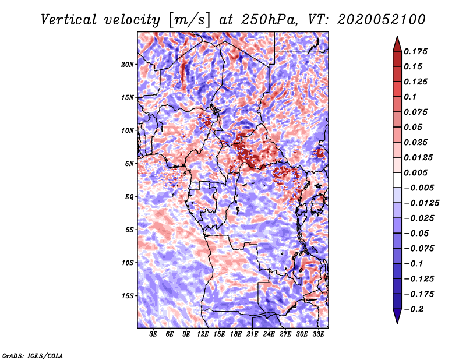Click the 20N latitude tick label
click(127, 65)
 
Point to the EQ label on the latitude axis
click(129, 197)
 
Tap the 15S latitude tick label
click(127, 296)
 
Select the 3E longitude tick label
click(153, 334)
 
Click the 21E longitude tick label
click(252, 334)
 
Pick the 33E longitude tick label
click(318, 334)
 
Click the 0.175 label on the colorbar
click(415, 51)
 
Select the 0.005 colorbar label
click(415, 172)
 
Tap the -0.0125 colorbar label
click(422, 203)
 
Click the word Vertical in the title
click(69, 20)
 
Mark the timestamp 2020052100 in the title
click(382, 20)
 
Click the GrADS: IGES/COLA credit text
click(33, 355)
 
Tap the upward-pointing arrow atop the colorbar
click(397, 44)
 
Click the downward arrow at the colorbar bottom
click(397, 316)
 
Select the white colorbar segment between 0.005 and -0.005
click(397, 180)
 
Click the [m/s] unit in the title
click(189, 20)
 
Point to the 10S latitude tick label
click(127, 263)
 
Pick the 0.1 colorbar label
click(410, 97)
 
